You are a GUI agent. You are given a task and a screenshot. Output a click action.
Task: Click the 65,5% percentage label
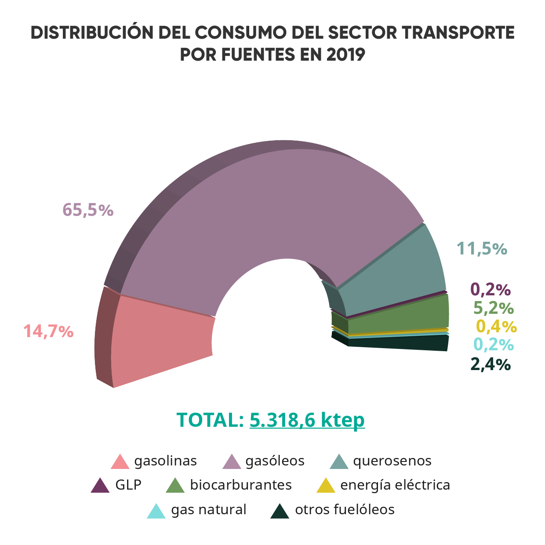tap(88, 210)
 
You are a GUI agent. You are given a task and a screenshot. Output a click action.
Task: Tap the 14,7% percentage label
tap(48, 331)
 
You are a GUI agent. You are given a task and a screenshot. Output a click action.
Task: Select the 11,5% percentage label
tap(482, 249)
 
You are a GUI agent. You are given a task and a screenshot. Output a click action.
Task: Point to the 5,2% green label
tap(494, 308)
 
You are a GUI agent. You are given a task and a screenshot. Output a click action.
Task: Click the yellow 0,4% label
tap(496, 326)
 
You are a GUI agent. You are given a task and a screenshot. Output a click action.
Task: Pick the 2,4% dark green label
tap(490, 364)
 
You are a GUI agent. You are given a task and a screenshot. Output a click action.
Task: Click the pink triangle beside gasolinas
tap(120, 462)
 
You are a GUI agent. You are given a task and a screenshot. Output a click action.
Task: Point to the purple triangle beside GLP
tap(100, 486)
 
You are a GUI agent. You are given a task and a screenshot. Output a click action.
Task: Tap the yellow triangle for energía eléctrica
tap(326, 486)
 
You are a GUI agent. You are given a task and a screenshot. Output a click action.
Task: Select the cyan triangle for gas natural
tap(156, 511)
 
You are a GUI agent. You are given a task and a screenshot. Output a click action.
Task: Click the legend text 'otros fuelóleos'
tap(345, 509)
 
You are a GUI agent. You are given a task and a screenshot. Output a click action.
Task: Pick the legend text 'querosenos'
tap(392, 461)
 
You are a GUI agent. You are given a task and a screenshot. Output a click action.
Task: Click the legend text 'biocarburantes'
tap(241, 485)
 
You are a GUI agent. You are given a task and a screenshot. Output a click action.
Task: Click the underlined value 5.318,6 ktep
tap(307, 420)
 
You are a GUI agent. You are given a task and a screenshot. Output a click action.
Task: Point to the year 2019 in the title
tap(346, 55)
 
